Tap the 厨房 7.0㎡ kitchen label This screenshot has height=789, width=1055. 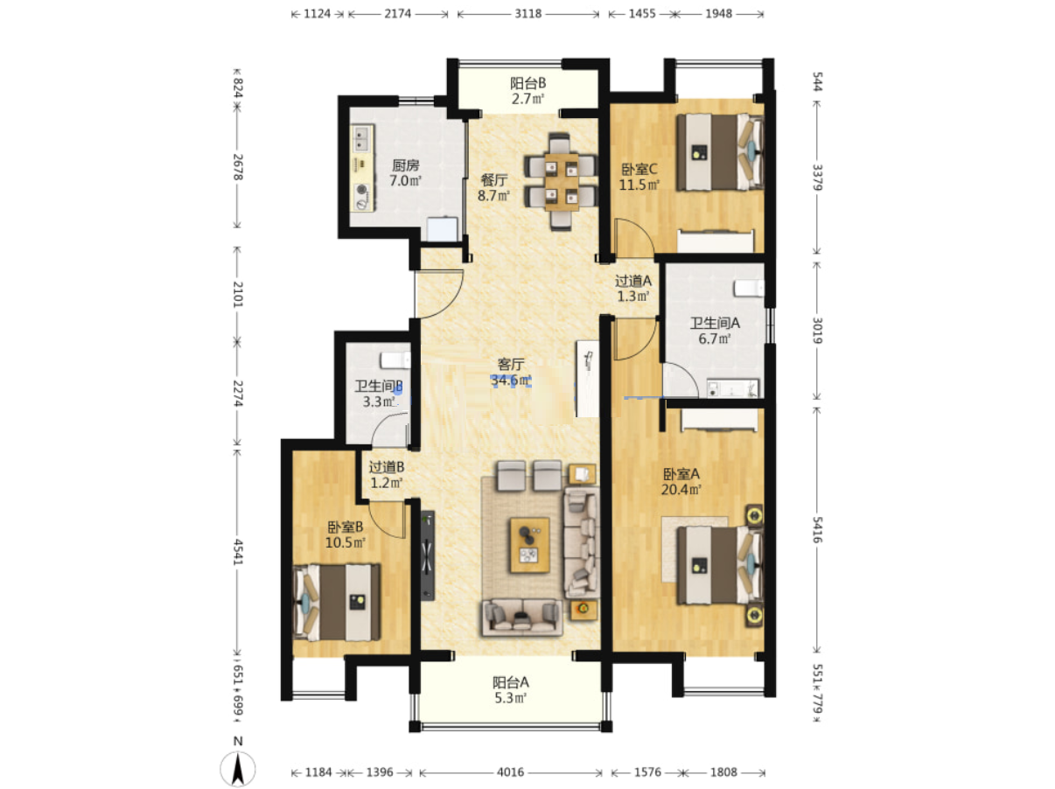(x=405, y=173)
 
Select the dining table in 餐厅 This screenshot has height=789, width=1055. (x=561, y=182)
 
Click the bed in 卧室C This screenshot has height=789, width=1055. (x=719, y=152)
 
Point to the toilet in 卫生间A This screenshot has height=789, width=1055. (x=748, y=288)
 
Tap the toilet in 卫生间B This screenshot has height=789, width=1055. (x=395, y=360)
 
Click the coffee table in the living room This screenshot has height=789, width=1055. (x=529, y=545)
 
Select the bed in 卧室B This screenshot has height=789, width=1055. (x=337, y=602)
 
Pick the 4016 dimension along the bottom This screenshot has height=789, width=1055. (x=510, y=772)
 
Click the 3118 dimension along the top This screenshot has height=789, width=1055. (x=527, y=14)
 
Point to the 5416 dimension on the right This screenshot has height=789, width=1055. (x=817, y=530)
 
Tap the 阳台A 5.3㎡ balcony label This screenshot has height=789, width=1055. (x=510, y=690)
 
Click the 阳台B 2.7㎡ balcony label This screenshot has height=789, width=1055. (x=527, y=91)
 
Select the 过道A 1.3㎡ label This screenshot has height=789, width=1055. (x=633, y=288)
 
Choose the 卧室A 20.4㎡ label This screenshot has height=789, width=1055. (x=681, y=482)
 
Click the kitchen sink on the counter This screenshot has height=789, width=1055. (x=362, y=138)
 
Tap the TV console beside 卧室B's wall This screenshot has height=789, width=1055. (x=427, y=555)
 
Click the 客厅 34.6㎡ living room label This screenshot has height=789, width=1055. (x=510, y=373)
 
